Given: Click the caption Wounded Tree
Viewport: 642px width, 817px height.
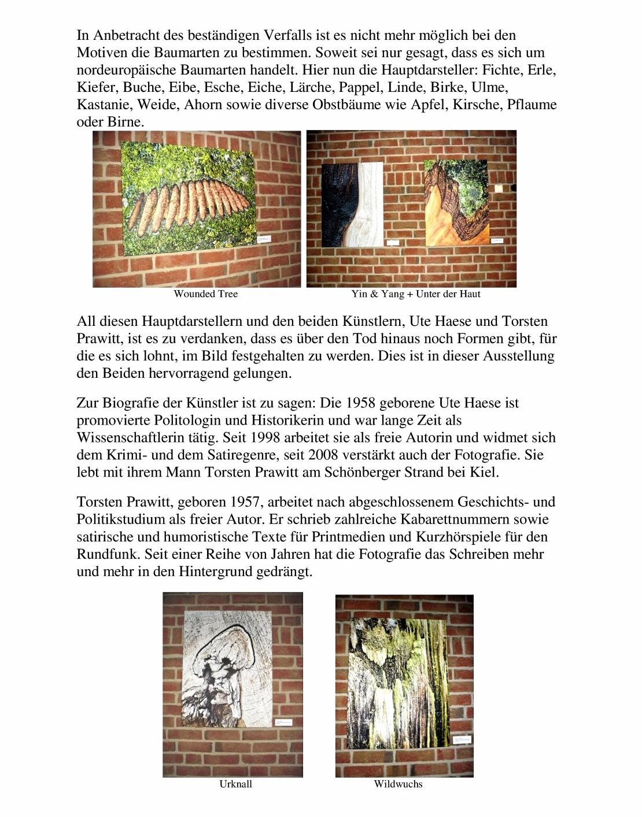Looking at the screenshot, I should (205, 294).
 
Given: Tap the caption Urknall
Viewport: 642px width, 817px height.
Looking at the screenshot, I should (235, 784).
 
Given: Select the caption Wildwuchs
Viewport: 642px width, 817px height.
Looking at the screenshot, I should (398, 784).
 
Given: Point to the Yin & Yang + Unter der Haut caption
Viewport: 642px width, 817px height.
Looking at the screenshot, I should (415, 294).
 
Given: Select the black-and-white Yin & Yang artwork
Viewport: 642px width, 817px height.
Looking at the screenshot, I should (352, 205).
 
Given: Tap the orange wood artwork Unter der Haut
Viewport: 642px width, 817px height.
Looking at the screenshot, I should (456, 202).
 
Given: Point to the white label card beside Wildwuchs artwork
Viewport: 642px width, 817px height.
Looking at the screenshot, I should (464, 740).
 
